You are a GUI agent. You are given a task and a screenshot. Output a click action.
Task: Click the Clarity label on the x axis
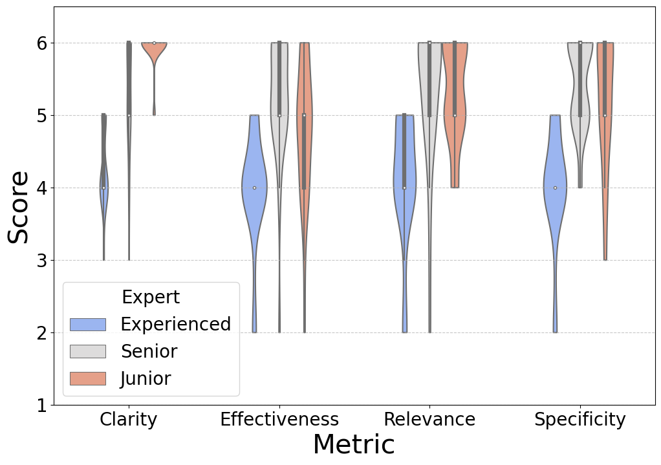click(128, 420)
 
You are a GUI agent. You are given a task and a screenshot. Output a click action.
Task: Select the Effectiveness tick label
click(279, 420)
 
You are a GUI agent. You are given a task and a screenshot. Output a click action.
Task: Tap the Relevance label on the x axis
click(429, 420)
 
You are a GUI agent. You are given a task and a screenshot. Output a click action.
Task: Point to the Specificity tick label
click(580, 420)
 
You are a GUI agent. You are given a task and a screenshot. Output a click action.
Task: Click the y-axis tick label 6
click(39, 43)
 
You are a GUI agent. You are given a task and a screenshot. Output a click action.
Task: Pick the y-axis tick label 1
click(39, 406)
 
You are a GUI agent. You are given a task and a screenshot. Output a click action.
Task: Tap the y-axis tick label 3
click(39, 261)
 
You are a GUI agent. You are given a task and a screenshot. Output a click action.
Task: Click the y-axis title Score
click(18, 207)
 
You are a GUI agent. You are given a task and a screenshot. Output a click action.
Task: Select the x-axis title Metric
click(353, 446)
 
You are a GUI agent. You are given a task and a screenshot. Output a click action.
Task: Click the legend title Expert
click(151, 297)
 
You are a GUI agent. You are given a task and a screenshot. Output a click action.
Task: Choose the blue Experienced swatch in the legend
click(87, 324)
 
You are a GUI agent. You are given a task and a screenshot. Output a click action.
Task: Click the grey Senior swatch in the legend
click(87, 351)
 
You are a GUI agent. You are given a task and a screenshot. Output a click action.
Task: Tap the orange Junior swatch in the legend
click(87, 378)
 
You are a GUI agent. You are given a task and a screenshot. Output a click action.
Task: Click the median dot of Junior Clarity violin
click(154, 43)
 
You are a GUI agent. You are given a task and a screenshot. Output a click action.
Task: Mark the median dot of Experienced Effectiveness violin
click(254, 188)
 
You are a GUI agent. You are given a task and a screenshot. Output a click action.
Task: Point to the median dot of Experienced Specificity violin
click(555, 188)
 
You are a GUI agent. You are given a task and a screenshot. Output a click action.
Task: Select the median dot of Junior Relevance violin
click(455, 115)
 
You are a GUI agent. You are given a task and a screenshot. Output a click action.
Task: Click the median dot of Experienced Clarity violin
click(103, 188)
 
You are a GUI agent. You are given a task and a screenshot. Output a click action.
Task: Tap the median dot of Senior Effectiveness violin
click(279, 115)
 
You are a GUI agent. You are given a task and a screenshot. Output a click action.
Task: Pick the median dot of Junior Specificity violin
click(605, 115)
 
